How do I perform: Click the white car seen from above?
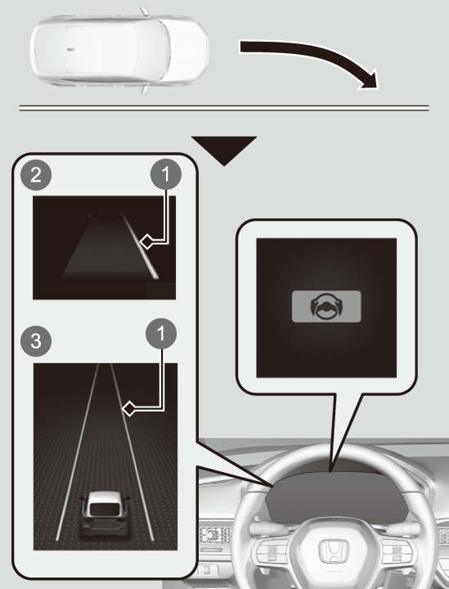click(x=119, y=50)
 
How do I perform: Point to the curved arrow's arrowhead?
click(x=370, y=79)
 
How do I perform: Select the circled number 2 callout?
click(x=36, y=175)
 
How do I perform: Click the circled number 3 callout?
click(x=36, y=341)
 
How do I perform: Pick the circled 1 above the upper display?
click(x=165, y=174)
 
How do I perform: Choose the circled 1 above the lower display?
click(x=161, y=334)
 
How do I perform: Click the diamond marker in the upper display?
click(x=146, y=241)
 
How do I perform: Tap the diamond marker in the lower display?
click(x=129, y=408)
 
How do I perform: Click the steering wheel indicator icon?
click(x=326, y=307)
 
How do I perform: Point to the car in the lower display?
click(x=105, y=515)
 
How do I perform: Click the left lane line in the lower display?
click(x=78, y=452)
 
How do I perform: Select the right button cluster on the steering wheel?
click(x=396, y=551)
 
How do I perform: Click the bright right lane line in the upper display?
click(x=139, y=245)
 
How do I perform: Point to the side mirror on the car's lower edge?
click(x=145, y=88)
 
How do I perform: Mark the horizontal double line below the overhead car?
click(x=224, y=109)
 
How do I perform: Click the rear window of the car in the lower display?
click(x=105, y=509)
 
